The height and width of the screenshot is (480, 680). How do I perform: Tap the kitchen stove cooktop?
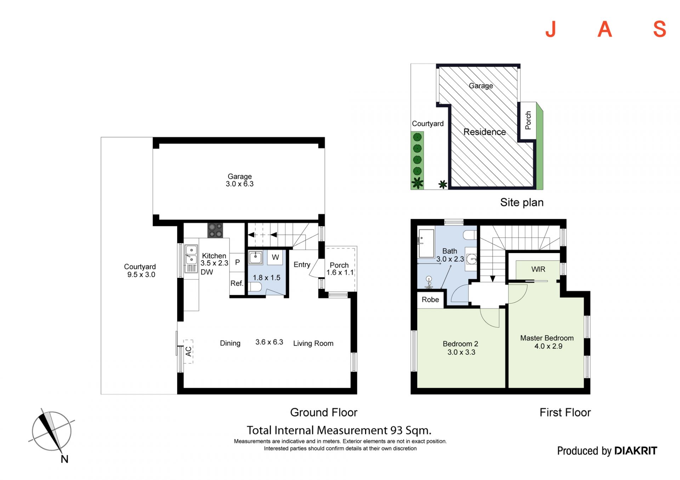coord(215,230)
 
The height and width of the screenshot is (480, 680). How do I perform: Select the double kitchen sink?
coord(191,258)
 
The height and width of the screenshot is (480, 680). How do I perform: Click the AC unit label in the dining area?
coord(188,351)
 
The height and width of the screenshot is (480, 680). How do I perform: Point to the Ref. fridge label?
coord(237,283)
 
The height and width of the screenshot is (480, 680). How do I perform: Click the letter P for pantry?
coord(238,262)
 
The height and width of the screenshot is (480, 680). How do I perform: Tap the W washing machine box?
coord(275,257)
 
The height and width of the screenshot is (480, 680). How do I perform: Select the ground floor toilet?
coord(255,286)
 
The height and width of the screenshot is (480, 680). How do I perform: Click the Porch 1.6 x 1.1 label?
coord(340,269)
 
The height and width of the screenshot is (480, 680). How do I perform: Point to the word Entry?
coord(302,264)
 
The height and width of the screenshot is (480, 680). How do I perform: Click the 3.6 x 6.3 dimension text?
coord(269,342)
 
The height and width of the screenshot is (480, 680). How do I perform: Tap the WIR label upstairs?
coord(538,269)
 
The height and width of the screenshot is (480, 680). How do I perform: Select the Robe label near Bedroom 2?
coord(430,299)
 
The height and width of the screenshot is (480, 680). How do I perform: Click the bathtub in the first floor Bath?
coord(426,243)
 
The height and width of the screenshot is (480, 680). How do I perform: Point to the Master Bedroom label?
coord(547,338)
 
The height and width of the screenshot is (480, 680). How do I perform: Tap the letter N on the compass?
coord(64,459)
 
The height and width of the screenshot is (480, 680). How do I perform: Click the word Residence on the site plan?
coord(484,132)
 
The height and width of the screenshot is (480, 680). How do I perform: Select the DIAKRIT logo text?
coord(636,451)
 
